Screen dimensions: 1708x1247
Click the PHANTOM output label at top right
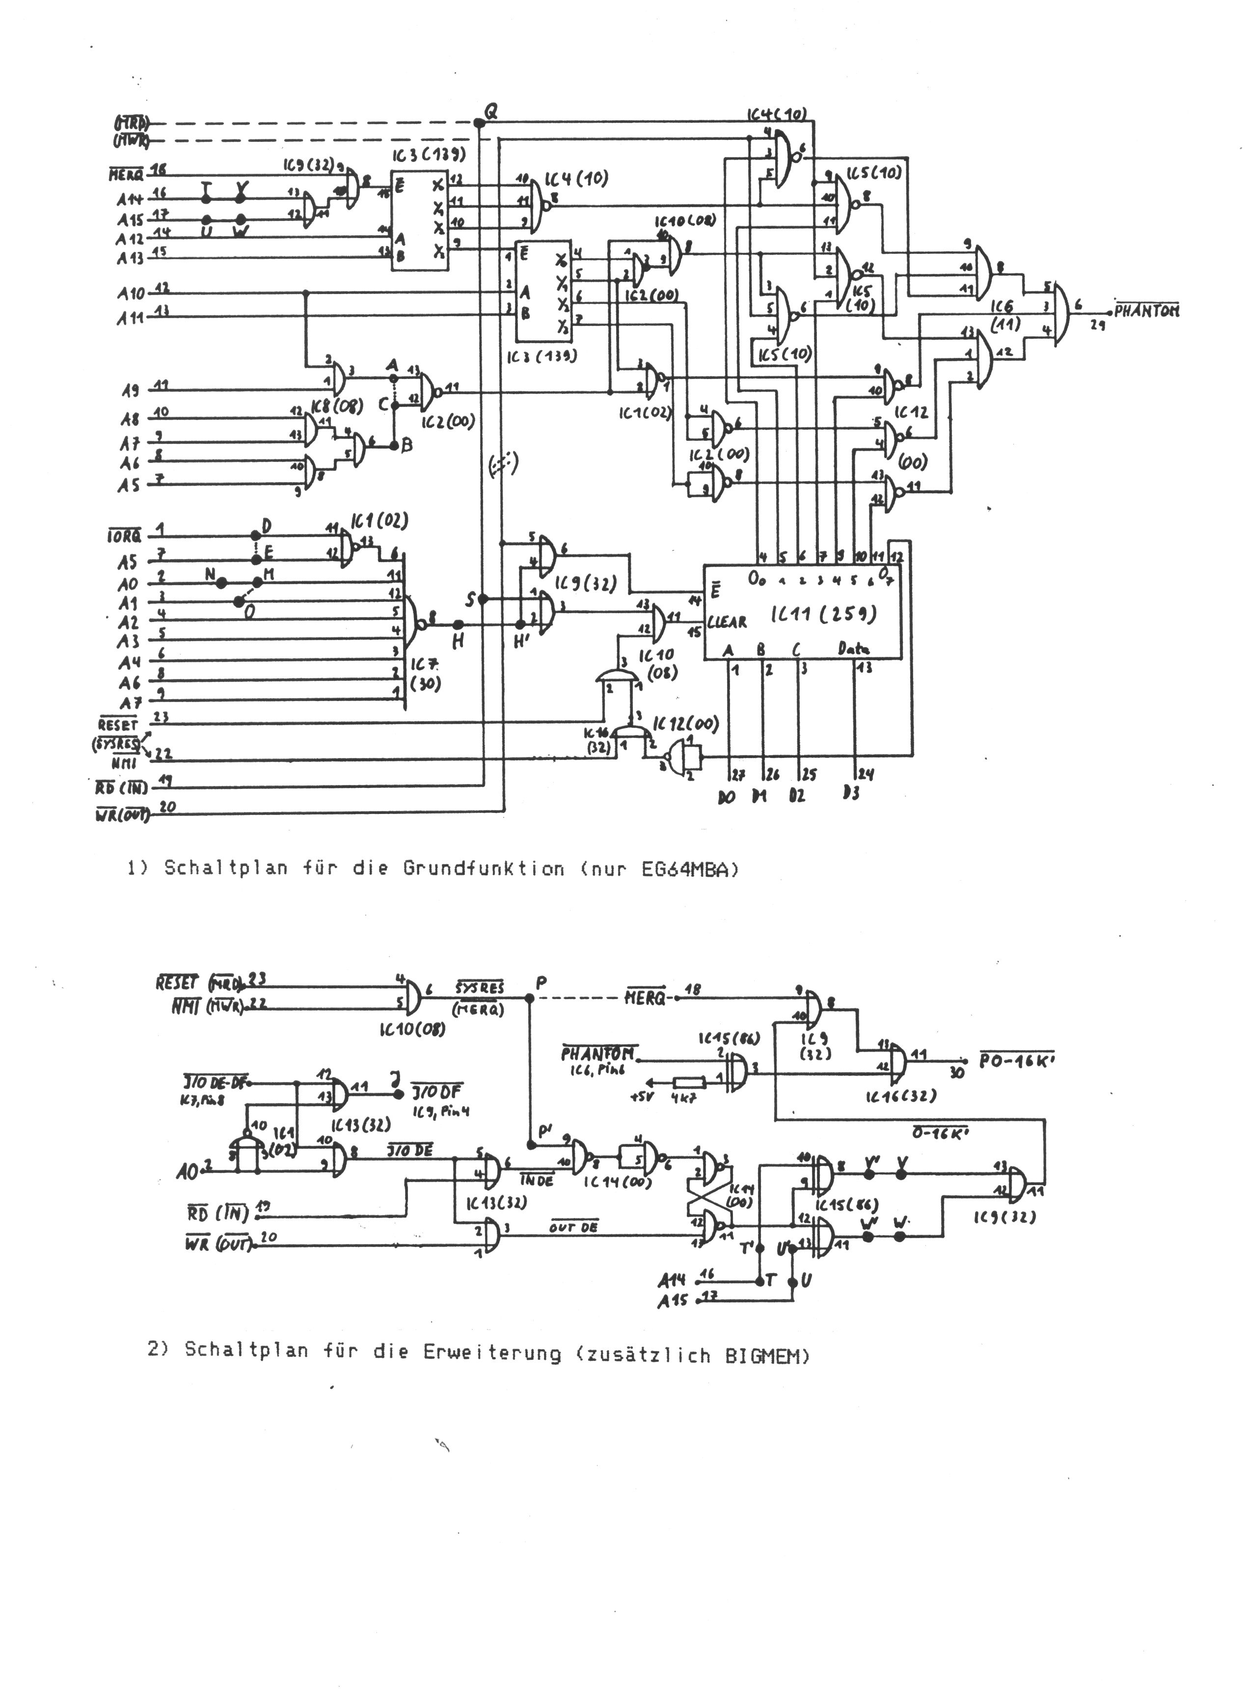[1147, 310]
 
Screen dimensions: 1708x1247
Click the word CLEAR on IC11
[727, 622]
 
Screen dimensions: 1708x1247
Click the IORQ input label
[123, 537]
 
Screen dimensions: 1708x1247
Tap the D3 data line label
[851, 794]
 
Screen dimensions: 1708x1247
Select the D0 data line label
[727, 796]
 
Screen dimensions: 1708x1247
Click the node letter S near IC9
[470, 600]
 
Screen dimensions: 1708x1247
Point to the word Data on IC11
[854, 649]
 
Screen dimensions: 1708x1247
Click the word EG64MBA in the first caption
[690, 868]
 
